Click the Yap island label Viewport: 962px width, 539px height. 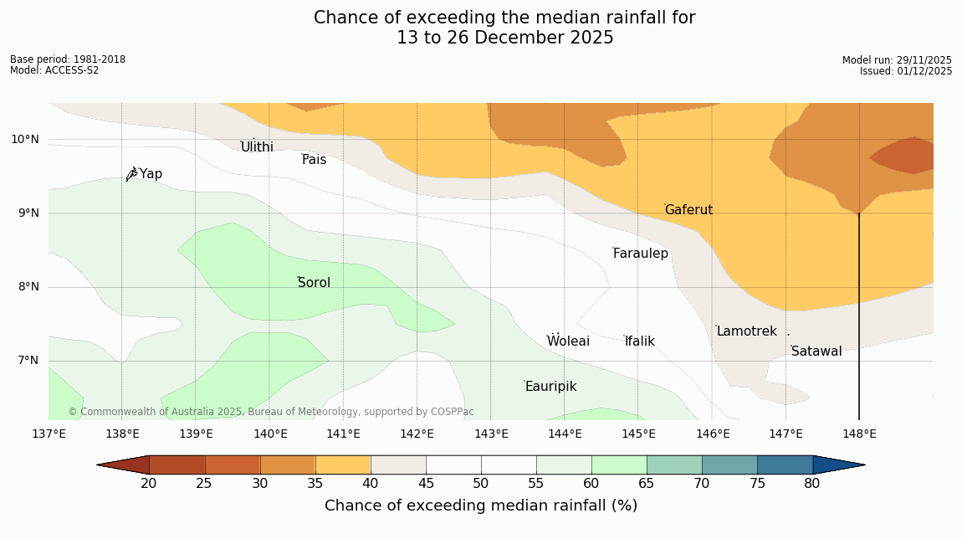(151, 174)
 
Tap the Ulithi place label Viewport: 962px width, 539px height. (257, 147)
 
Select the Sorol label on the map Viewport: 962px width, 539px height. (314, 283)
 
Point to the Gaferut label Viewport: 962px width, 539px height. (688, 210)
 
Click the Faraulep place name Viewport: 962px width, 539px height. (641, 254)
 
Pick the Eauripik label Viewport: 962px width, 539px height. (550, 387)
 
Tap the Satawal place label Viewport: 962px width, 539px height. (816, 352)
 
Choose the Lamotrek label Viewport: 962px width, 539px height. (746, 331)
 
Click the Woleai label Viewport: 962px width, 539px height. (568, 341)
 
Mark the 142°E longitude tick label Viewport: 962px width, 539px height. (417, 434)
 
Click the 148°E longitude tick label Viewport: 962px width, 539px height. (859, 434)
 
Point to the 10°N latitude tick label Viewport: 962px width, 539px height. (25, 139)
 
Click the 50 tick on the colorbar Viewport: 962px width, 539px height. (480, 484)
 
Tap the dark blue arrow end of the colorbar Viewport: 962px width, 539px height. (838, 465)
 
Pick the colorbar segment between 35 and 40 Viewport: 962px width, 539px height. (342, 465)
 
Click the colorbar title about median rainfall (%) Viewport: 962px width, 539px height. (481, 506)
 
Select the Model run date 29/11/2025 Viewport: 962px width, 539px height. (897, 60)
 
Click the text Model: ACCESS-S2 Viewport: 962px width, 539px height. (54, 70)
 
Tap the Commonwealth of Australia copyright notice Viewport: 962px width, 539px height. (271, 412)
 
